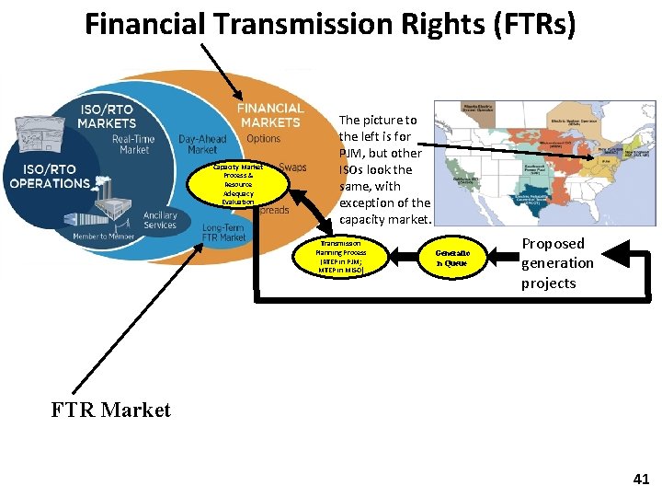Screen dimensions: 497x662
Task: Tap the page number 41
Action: (x=641, y=479)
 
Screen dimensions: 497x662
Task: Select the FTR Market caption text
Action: (x=111, y=410)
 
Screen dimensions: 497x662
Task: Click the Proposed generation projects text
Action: (x=557, y=263)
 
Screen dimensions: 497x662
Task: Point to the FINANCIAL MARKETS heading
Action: (x=269, y=115)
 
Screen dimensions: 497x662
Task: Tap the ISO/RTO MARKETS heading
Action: (x=107, y=116)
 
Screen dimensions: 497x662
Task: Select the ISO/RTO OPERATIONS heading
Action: (x=50, y=176)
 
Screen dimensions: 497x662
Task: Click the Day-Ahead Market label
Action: (x=202, y=144)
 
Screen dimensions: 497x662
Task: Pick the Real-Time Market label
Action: (x=134, y=144)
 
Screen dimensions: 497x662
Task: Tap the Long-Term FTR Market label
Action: (x=224, y=232)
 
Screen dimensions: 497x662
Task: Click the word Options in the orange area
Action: (x=264, y=139)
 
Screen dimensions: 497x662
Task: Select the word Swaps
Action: (x=293, y=168)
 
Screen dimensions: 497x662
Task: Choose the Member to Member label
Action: (x=104, y=237)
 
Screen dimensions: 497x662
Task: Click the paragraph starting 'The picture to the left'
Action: (x=384, y=169)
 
